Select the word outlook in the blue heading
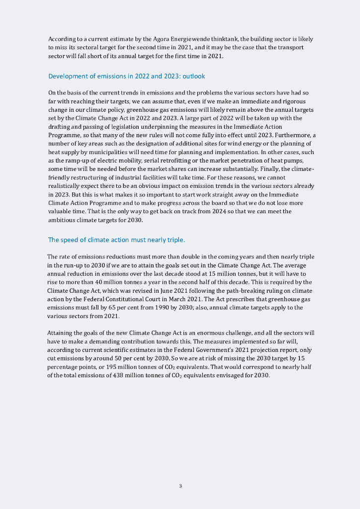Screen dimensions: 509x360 (x=193, y=76)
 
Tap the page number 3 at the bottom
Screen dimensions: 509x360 (x=180, y=486)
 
